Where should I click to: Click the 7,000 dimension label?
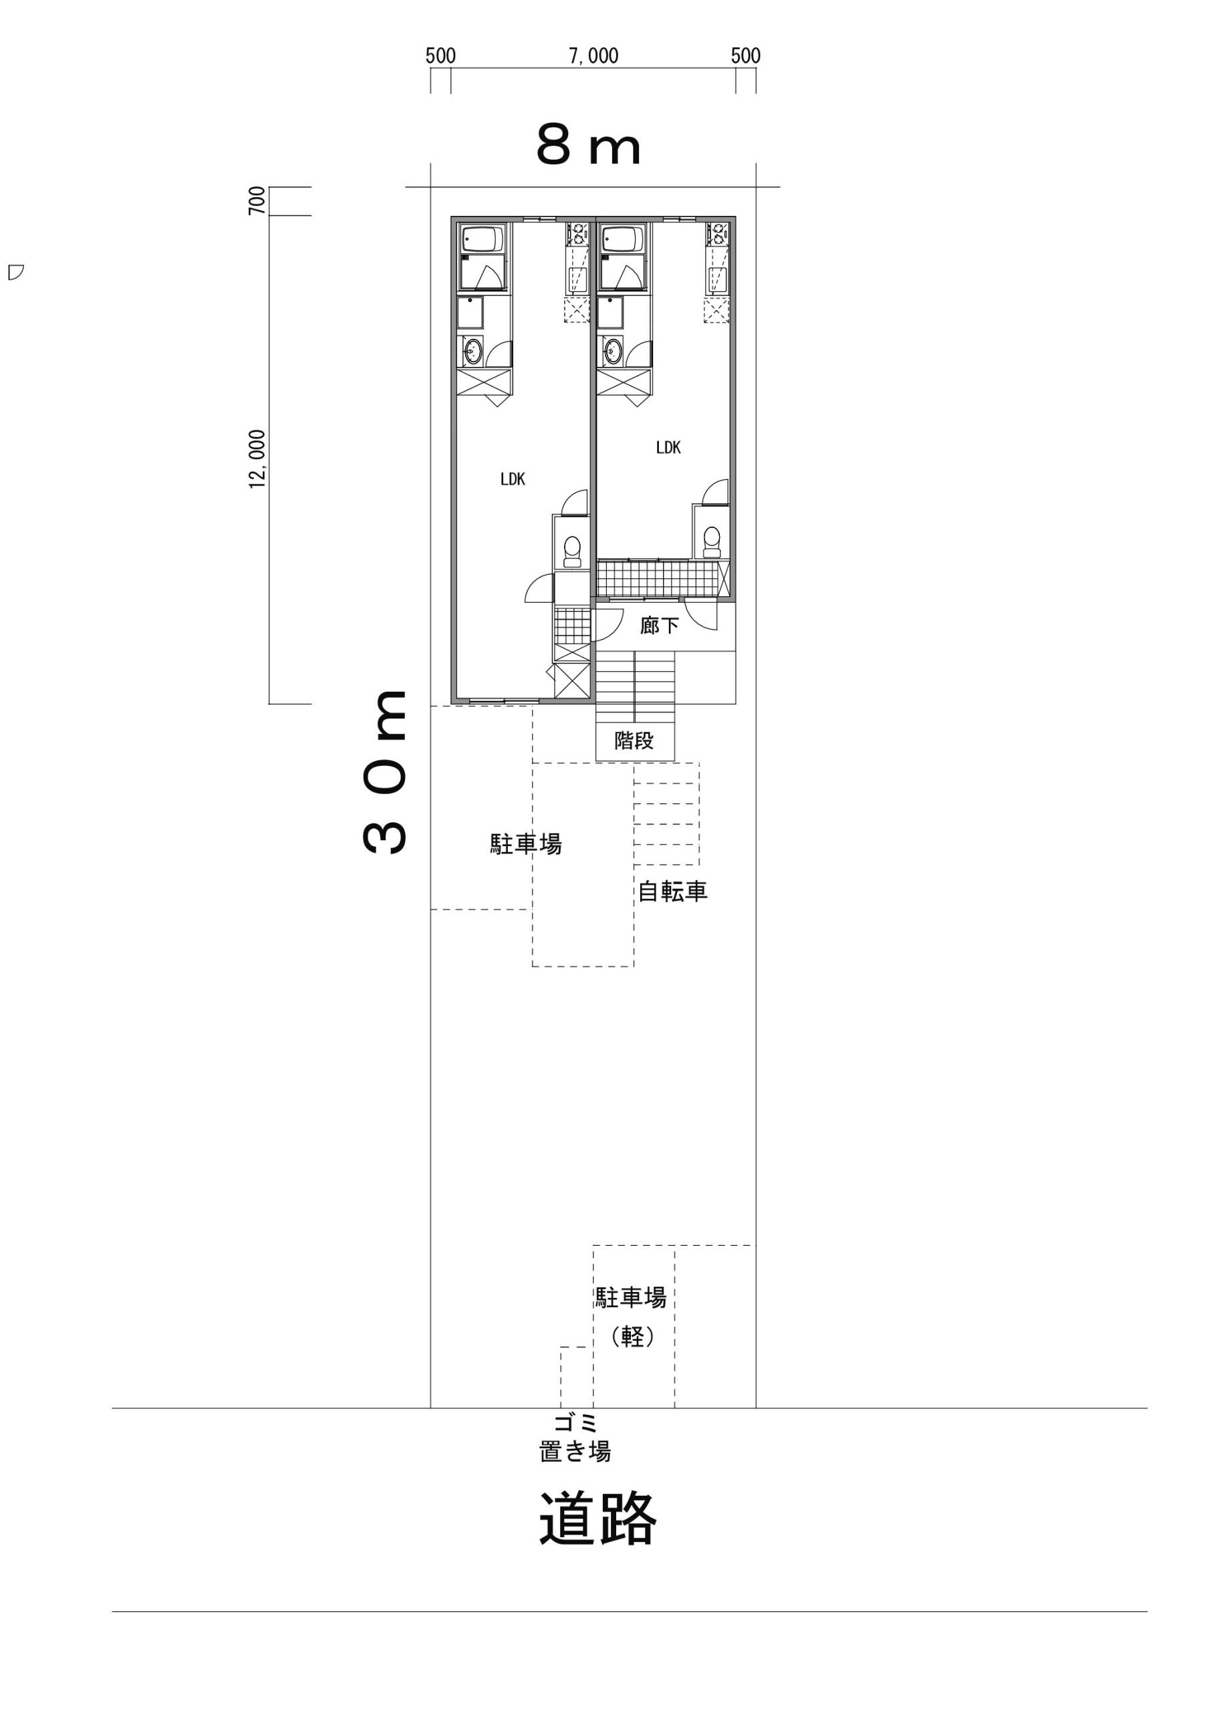click(x=594, y=57)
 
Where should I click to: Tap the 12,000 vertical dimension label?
click(x=257, y=459)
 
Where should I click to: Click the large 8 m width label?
click(x=588, y=148)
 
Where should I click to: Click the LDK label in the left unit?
click(x=513, y=479)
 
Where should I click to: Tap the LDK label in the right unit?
click(x=668, y=447)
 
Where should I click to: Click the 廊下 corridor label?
click(x=660, y=625)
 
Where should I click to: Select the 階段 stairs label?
click(x=634, y=740)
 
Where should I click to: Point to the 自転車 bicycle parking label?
click(x=672, y=892)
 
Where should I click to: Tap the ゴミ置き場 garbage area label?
click(x=575, y=1437)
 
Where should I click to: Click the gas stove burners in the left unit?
click(x=578, y=234)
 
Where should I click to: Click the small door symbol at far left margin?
click(x=15, y=271)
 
